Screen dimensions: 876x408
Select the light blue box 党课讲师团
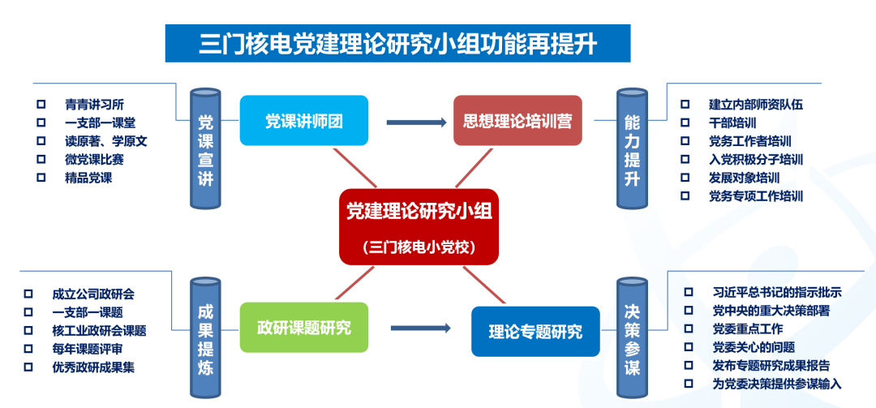[304, 120]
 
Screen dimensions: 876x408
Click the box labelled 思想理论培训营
[517, 120]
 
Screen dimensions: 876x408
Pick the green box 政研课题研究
[304, 328]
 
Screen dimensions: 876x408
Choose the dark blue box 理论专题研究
[536, 332]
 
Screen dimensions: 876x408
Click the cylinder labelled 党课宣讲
[205, 148]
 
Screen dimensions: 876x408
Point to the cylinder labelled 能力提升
[632, 148]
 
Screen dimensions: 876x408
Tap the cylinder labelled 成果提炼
[205, 338]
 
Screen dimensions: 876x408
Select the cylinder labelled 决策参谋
[632, 338]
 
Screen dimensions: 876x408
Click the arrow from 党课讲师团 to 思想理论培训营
[415, 122]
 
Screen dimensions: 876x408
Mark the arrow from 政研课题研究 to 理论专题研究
[421, 328]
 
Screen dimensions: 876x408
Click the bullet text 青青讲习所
[94, 105]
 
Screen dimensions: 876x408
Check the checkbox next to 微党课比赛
[41, 159]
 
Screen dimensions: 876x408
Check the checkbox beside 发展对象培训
[685, 178]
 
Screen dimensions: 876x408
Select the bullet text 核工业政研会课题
[99, 331]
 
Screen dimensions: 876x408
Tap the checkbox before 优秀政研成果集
[28, 367]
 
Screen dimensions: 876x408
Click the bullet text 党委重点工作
[748, 329]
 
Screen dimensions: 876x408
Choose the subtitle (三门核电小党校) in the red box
[419, 247]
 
